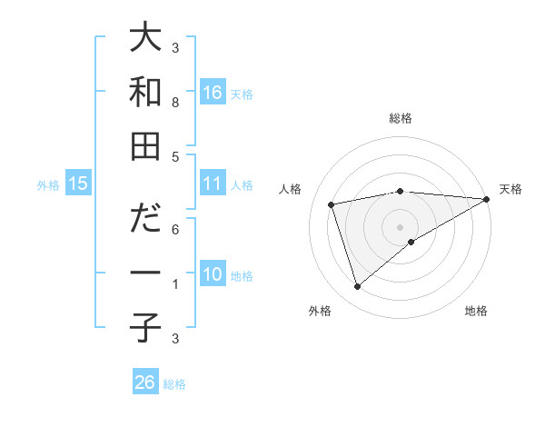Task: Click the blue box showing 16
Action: [x=213, y=92]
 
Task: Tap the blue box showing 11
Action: [x=213, y=184]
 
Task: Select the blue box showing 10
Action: [x=213, y=274]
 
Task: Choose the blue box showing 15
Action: [x=78, y=184]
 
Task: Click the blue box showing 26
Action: [x=145, y=382]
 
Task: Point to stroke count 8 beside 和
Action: [x=175, y=103]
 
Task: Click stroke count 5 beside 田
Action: [x=175, y=156]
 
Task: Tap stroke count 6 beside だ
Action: [x=175, y=230]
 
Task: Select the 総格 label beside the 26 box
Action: [x=174, y=384]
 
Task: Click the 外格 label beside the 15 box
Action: [x=48, y=185]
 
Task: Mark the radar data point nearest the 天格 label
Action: [x=488, y=199]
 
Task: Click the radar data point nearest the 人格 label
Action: [x=332, y=204]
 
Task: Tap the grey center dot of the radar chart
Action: [x=400, y=226]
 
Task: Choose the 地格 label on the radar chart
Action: [x=476, y=311]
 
